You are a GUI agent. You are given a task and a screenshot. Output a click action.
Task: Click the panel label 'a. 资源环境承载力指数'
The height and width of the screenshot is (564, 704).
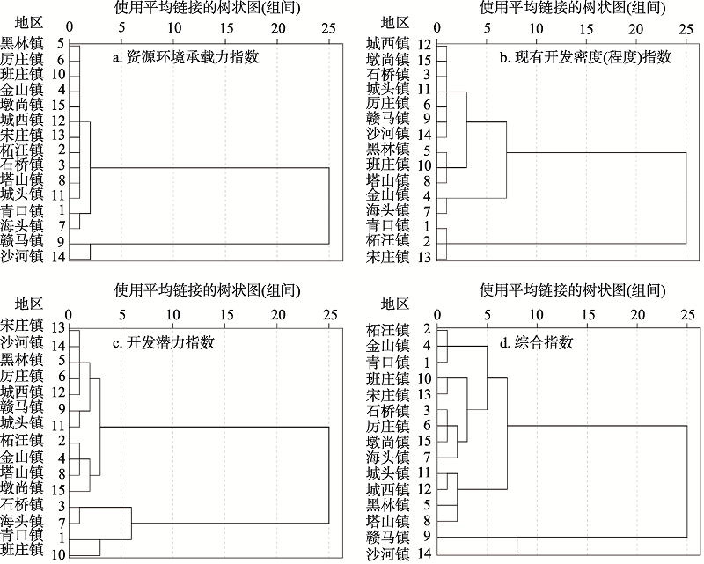tap(186, 57)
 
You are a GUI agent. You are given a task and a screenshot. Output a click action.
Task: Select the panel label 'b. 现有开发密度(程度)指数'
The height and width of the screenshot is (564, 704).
tap(585, 57)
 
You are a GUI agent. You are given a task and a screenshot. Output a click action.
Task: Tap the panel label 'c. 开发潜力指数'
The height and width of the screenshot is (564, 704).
tap(164, 342)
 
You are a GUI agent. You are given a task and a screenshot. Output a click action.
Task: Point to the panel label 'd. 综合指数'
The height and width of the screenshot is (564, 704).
tap(537, 342)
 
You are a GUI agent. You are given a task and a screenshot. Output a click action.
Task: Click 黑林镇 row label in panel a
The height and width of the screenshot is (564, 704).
tap(22, 44)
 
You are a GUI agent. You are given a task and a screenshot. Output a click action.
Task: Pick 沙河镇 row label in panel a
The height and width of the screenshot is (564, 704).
tap(22, 256)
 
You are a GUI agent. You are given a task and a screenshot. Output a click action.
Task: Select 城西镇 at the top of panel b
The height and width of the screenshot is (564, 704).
tap(388, 44)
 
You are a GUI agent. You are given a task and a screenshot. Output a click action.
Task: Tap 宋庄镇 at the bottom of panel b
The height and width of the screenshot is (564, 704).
tap(388, 256)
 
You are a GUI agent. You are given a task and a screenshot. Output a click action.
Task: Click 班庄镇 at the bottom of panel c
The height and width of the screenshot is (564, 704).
tap(22, 550)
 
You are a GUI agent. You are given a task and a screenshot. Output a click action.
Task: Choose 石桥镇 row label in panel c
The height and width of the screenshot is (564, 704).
tap(22, 505)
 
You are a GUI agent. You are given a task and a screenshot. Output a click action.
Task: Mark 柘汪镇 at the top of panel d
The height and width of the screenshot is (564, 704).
tap(388, 330)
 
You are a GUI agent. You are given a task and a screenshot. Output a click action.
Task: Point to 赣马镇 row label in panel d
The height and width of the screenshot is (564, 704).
tap(388, 538)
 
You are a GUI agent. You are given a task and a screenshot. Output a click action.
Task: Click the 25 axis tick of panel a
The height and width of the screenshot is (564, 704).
tap(328, 28)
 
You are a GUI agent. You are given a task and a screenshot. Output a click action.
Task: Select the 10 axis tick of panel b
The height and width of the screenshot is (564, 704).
tap(536, 28)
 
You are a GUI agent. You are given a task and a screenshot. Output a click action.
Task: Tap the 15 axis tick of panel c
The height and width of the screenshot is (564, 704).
tap(226, 314)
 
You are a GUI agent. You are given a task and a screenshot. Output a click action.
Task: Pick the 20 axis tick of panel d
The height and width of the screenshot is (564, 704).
tap(637, 314)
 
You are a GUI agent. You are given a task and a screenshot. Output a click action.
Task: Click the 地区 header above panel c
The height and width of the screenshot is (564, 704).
tap(29, 304)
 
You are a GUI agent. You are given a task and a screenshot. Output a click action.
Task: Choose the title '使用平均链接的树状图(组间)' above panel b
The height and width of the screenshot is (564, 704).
tap(573, 8)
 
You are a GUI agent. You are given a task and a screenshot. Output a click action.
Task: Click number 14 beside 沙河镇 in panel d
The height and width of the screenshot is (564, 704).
tap(424, 553)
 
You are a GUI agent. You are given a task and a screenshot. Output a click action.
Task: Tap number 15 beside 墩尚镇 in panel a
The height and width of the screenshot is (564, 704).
tap(58, 106)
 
